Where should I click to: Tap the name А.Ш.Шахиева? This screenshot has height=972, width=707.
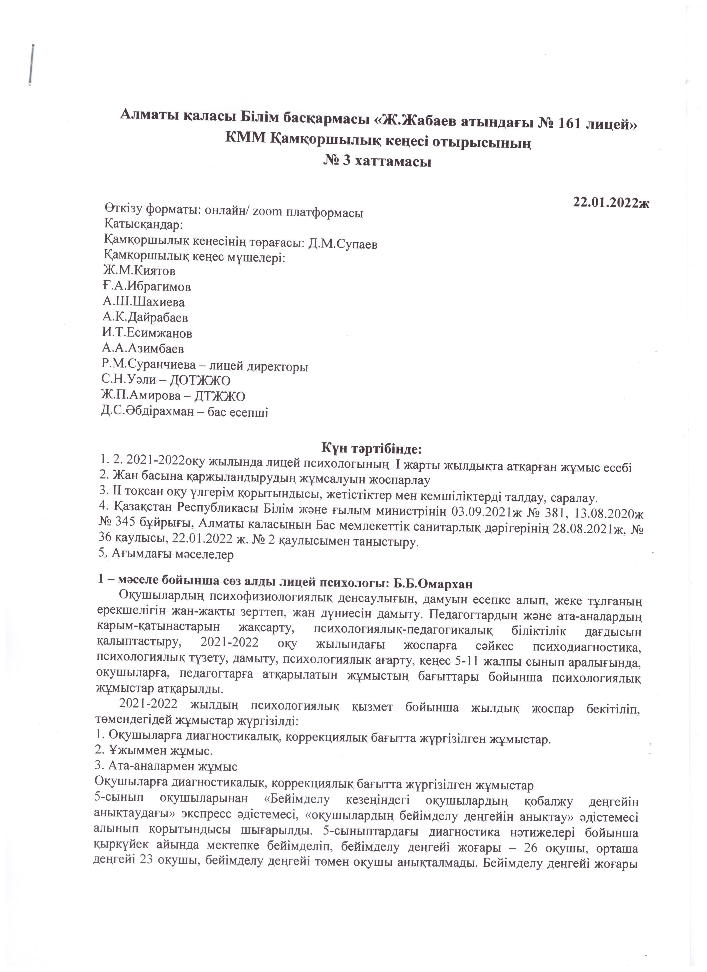pos(144,302)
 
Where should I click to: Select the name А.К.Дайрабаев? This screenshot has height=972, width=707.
pos(145,318)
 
